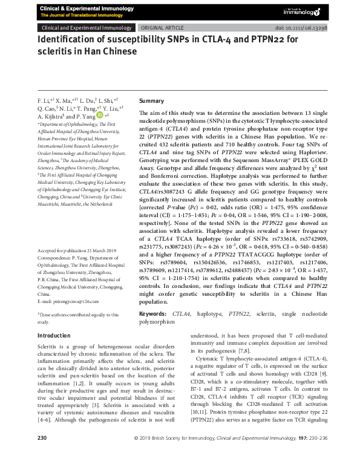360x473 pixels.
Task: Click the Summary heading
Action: (x=151, y=100)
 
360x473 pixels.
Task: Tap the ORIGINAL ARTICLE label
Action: (x=163, y=28)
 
